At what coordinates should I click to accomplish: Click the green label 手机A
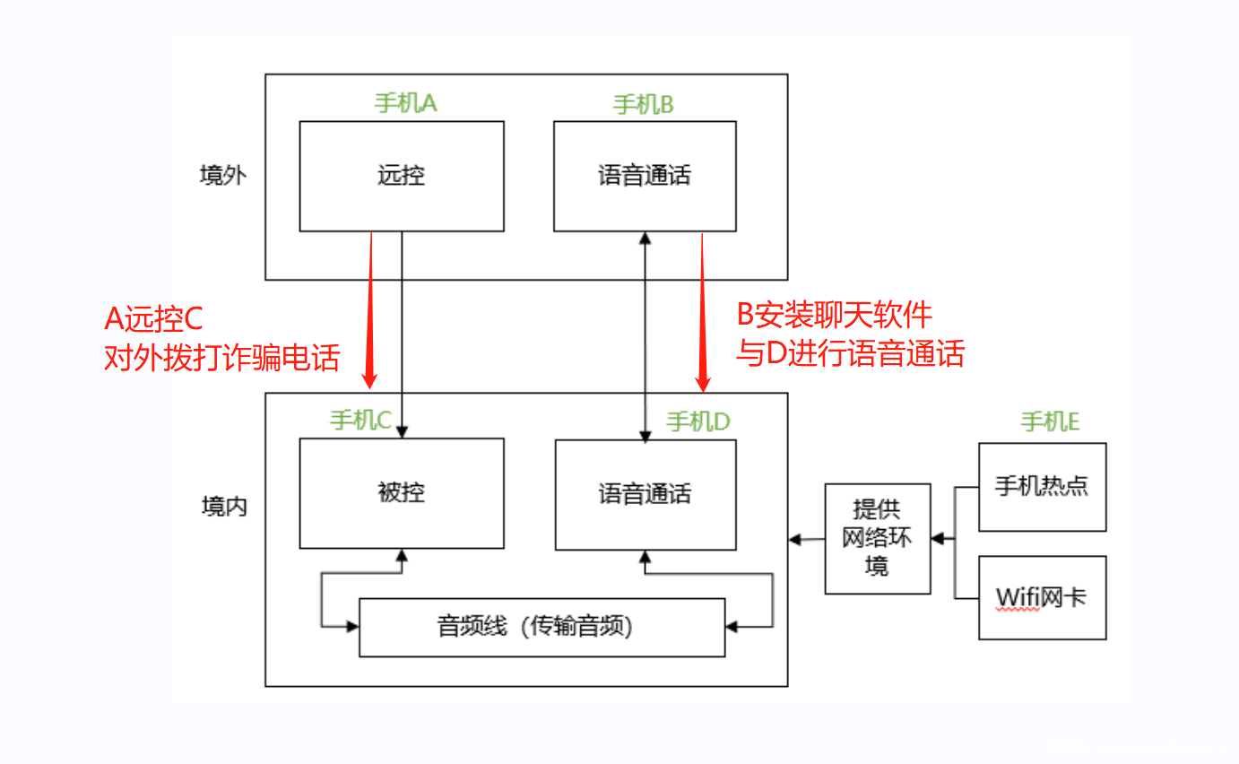[405, 103]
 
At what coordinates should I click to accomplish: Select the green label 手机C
[360, 420]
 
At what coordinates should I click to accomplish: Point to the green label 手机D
[698, 421]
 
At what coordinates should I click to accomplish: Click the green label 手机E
[1050, 421]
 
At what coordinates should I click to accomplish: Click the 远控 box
[401, 176]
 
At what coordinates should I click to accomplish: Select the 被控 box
[401, 492]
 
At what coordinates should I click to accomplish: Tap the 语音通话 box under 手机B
[645, 176]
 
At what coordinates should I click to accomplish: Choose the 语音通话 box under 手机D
[645, 494]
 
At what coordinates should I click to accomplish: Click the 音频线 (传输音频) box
[542, 627]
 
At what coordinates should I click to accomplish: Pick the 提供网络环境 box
[877, 538]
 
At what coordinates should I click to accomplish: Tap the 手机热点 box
[1042, 486]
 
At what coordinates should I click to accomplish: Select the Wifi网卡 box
[1042, 597]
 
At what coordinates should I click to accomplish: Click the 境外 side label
[222, 175]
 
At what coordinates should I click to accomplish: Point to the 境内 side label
[222, 507]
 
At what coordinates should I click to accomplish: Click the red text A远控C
[154, 318]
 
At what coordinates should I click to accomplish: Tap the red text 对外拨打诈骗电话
[222, 358]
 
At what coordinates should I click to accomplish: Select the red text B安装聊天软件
[834, 315]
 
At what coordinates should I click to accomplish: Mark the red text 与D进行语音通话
[850, 354]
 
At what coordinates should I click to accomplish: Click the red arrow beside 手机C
[371, 309]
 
